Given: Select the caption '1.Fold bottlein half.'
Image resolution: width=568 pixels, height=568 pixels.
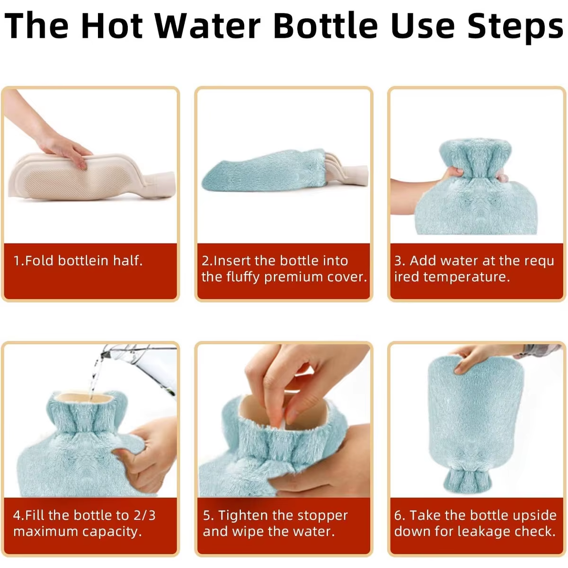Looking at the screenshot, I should click(78, 261).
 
